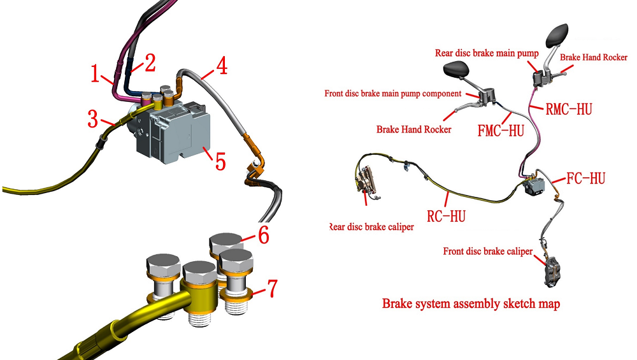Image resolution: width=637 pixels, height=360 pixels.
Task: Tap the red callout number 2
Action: point(150,62)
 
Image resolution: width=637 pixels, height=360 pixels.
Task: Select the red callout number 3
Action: point(94,117)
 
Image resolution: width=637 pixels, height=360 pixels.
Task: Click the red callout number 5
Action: point(220,159)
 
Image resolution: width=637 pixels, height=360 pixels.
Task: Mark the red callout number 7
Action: point(271,289)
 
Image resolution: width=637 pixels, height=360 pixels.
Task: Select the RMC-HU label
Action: point(569,109)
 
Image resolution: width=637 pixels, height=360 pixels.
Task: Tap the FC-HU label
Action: point(584,178)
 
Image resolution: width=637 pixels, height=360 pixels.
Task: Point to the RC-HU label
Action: point(446,216)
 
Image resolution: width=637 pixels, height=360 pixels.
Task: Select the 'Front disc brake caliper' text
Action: point(487,251)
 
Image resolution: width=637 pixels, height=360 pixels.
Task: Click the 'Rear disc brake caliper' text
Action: point(370,227)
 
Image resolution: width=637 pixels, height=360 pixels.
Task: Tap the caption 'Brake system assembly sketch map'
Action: point(471,304)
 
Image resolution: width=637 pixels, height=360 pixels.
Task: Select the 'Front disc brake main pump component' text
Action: point(392,94)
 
